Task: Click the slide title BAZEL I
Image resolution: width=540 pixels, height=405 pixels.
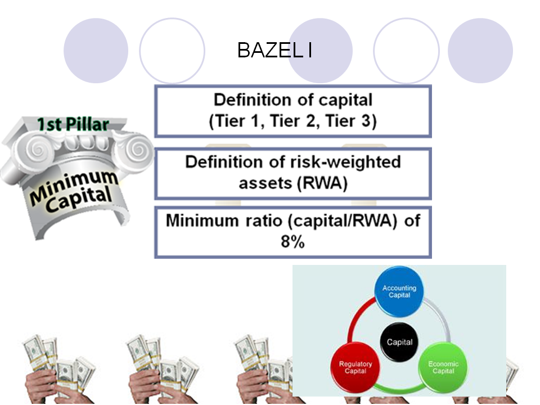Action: tap(274, 50)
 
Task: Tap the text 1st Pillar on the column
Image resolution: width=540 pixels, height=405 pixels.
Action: tap(73, 124)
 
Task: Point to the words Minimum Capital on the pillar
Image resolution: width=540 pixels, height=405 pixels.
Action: tap(74, 191)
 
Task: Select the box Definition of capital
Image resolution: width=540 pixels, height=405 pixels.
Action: tap(292, 111)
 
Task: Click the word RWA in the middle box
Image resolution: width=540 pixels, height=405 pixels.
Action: tap(323, 183)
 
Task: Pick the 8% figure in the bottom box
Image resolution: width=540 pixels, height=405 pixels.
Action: tap(292, 241)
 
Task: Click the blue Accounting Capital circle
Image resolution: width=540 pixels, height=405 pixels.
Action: tap(399, 291)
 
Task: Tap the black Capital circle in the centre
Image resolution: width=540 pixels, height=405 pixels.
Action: tap(399, 342)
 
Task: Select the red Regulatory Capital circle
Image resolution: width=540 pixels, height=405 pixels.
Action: tap(355, 367)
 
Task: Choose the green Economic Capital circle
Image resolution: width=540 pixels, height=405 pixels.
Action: tap(443, 367)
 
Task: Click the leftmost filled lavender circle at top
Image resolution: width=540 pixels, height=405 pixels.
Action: tap(96, 51)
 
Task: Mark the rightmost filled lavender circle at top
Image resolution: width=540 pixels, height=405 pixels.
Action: tap(480, 51)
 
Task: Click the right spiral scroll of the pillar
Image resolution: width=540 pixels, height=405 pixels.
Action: tap(138, 150)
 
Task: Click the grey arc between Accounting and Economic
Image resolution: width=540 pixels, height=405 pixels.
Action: tap(442, 317)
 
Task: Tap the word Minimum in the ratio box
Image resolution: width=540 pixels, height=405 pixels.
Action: tap(202, 220)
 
